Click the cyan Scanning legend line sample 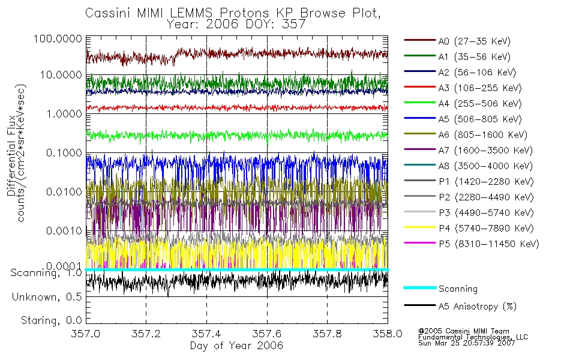pyautogui.click(x=419, y=288)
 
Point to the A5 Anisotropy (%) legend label pyautogui.click(x=477, y=307)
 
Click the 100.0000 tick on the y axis pyautogui.click(x=58, y=38)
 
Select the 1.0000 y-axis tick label pyautogui.click(x=62, y=113)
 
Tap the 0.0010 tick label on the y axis pyautogui.click(x=62, y=231)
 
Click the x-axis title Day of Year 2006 pyautogui.click(x=236, y=346)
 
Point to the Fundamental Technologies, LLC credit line pyautogui.click(x=473, y=337)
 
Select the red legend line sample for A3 pyautogui.click(x=419, y=88)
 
